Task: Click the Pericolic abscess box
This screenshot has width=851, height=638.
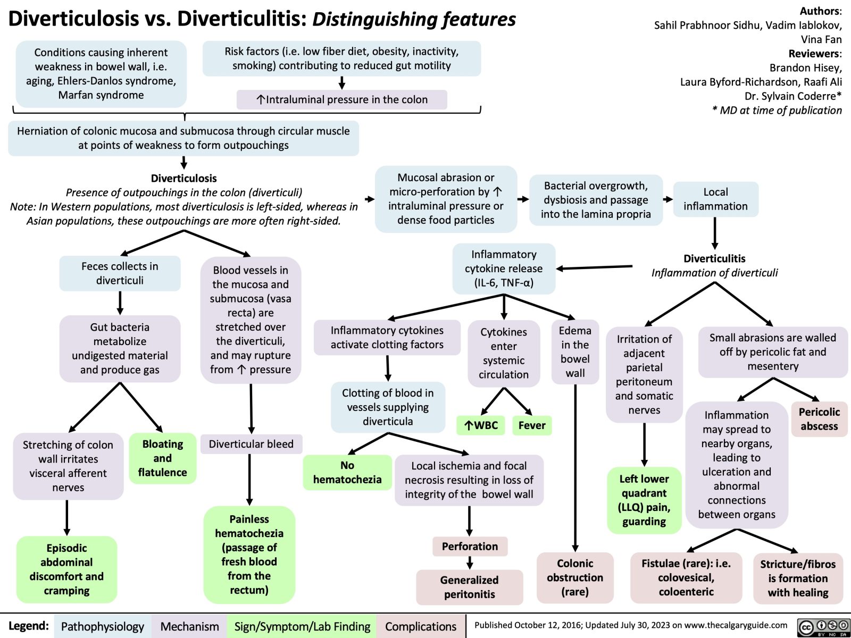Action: tap(819, 419)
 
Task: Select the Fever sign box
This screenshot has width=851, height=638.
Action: tap(532, 425)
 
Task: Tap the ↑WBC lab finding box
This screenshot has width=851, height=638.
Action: tap(481, 425)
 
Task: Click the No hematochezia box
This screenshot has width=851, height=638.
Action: tap(347, 472)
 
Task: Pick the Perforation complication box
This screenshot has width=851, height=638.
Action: tap(470, 546)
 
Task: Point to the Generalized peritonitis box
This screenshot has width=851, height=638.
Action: tap(469, 587)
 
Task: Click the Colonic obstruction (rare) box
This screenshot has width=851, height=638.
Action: tap(575, 577)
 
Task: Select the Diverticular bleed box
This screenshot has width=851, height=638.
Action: tap(251, 444)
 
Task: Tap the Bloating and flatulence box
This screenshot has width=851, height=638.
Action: tap(162, 458)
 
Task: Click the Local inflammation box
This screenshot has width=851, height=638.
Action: tap(715, 199)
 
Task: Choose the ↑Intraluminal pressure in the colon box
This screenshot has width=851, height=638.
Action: tap(341, 99)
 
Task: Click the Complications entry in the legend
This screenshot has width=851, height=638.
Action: tap(421, 626)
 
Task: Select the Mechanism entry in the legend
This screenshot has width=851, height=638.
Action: tap(189, 626)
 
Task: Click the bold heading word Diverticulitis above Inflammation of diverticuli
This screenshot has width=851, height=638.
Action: tap(714, 258)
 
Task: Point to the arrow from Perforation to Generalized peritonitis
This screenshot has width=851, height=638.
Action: tap(470, 563)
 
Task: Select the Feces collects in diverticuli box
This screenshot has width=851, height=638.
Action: tap(120, 273)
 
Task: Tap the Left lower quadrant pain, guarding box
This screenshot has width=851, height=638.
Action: tap(644, 500)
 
